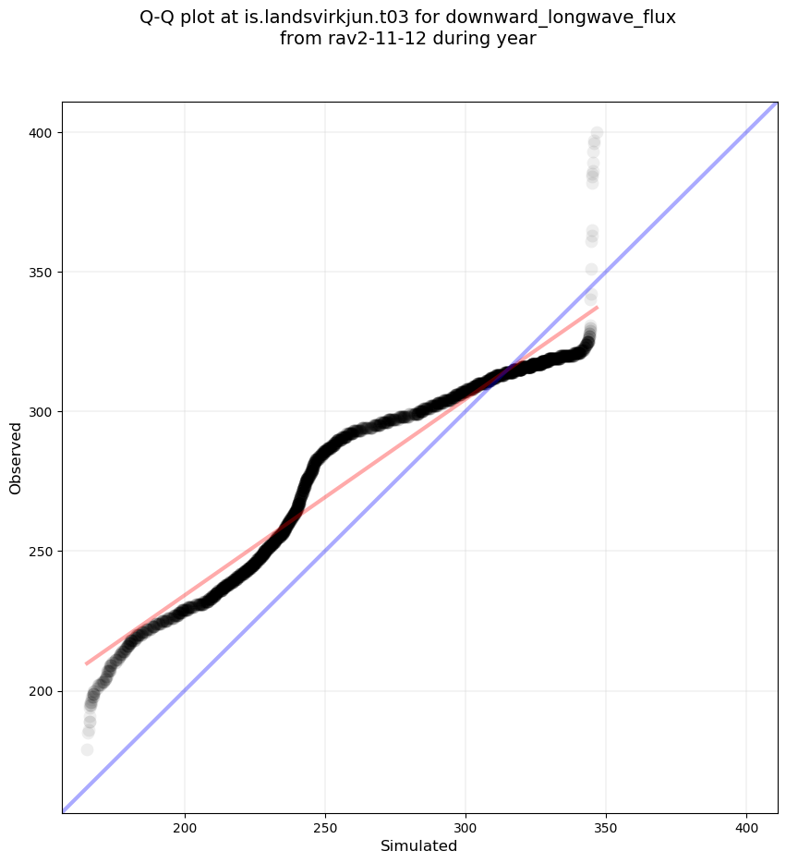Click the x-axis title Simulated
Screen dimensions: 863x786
tap(419, 845)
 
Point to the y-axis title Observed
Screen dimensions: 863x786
tap(16, 458)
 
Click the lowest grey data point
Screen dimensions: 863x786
tap(87, 749)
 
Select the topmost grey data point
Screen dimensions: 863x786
tap(597, 133)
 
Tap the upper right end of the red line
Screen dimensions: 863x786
tap(598, 307)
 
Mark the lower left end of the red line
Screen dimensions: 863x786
tap(86, 663)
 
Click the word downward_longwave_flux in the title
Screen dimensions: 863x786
tap(561, 18)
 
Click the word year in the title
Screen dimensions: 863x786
tap(517, 40)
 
